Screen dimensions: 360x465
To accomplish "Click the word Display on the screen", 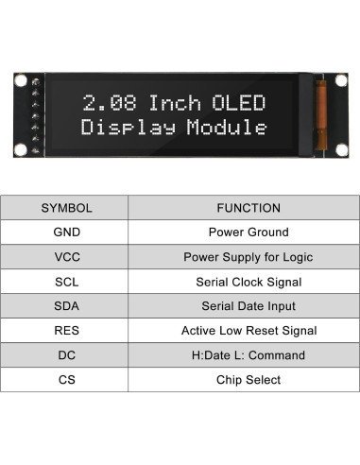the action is click(127, 128).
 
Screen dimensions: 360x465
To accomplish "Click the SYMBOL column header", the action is click(66, 208).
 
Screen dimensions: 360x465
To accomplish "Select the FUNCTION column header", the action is click(249, 208).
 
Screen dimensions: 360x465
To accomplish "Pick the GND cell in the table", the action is click(66, 232).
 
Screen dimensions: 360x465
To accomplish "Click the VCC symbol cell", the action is click(66, 257).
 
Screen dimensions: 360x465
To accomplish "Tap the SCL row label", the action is click(66, 282).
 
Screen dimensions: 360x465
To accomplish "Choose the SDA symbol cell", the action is click(66, 306).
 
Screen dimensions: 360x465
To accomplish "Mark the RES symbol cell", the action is click(66, 331).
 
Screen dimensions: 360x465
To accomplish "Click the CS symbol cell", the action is click(66, 380).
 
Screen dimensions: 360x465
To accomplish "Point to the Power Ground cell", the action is click(249, 232).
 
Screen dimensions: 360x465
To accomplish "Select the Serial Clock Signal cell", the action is click(249, 282).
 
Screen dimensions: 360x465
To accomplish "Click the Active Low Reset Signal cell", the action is click(249, 331).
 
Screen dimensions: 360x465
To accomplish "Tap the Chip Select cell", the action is click(249, 380).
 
